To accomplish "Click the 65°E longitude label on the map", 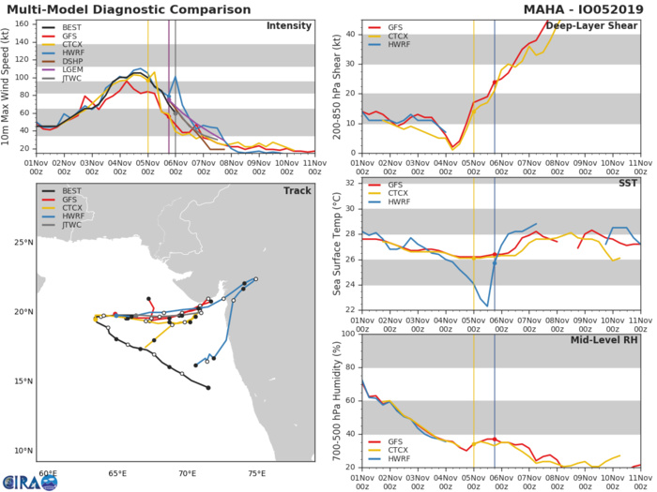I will click(x=117, y=475).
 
